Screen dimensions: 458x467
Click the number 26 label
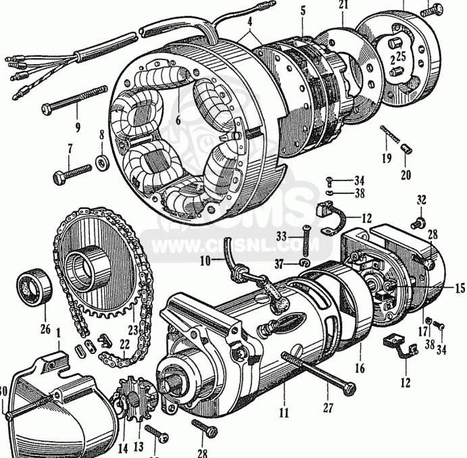(x=45, y=329)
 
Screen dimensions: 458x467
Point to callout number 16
(x=360, y=369)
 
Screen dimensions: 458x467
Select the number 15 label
(x=460, y=288)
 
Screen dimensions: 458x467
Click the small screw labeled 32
(x=420, y=221)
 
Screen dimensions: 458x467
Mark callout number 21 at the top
(x=344, y=6)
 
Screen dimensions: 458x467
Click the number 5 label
(x=303, y=11)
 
